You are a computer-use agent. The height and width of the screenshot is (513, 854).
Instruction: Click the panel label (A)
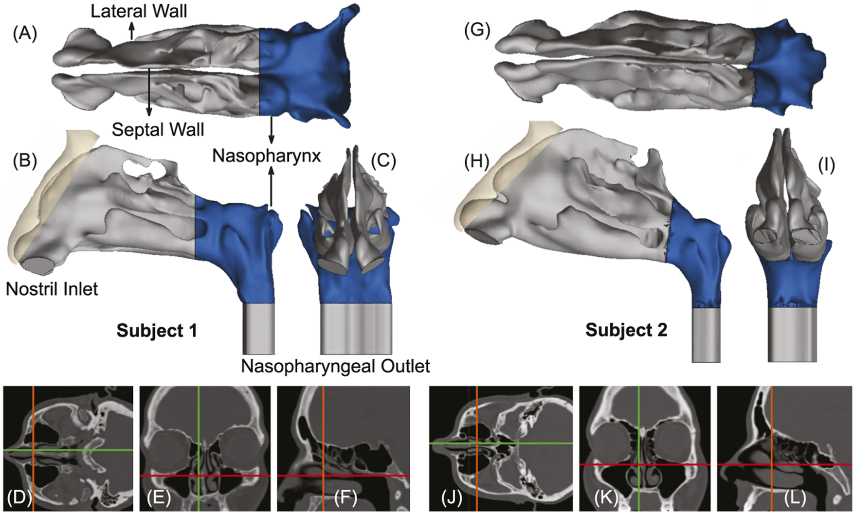coord(25,34)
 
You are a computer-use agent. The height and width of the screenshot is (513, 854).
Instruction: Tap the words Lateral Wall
coord(139,11)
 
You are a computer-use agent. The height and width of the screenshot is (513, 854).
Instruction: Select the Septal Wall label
coord(158,129)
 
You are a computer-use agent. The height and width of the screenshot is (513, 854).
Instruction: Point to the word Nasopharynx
coord(267,156)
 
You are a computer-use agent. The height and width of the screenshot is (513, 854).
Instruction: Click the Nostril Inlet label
coord(52,289)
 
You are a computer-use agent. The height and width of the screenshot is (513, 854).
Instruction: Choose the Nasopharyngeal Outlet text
coord(335,366)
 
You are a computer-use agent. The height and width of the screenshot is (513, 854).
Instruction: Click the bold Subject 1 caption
coord(157,331)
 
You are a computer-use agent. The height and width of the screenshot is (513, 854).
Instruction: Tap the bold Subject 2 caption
coord(626,330)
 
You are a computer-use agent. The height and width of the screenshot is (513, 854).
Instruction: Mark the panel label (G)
coord(477,30)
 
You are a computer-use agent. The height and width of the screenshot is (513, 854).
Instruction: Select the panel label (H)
coord(476,161)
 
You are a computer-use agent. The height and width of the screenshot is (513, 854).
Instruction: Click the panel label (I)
coord(826,165)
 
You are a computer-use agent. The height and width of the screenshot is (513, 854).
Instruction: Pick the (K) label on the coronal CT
coord(606,497)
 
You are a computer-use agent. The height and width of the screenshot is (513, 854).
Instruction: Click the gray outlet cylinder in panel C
coord(356,329)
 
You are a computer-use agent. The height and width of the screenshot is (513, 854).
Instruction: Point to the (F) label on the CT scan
coord(345,497)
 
